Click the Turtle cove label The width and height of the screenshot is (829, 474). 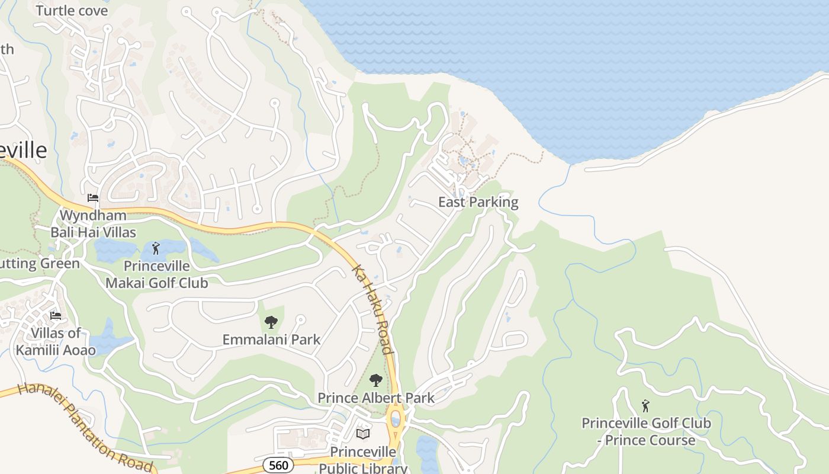point(72,11)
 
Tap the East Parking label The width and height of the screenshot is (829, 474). point(478,202)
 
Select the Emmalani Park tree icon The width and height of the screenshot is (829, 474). point(271,322)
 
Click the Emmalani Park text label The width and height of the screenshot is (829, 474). point(271,340)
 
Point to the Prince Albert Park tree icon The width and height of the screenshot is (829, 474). point(375,380)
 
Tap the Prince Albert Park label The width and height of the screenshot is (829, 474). point(376,398)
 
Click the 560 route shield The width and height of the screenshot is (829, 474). point(278,465)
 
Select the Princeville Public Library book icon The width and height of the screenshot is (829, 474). point(363,434)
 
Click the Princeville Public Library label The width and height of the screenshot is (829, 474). point(363,460)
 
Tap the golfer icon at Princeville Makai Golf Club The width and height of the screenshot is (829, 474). point(156,248)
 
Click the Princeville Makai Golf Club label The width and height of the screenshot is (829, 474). point(157,274)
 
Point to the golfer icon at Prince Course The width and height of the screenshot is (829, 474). point(645,406)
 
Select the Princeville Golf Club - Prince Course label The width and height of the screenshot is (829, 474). point(646,432)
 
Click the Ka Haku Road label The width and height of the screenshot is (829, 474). point(372,310)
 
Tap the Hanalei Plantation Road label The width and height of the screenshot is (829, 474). point(85,428)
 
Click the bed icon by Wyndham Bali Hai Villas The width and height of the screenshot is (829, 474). point(93,197)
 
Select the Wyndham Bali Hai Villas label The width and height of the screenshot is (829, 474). point(93,223)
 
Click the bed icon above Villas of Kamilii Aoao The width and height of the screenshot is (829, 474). point(56,315)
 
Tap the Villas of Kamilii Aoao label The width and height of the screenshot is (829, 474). point(56,341)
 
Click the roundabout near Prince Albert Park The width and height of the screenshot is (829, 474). point(396,419)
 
